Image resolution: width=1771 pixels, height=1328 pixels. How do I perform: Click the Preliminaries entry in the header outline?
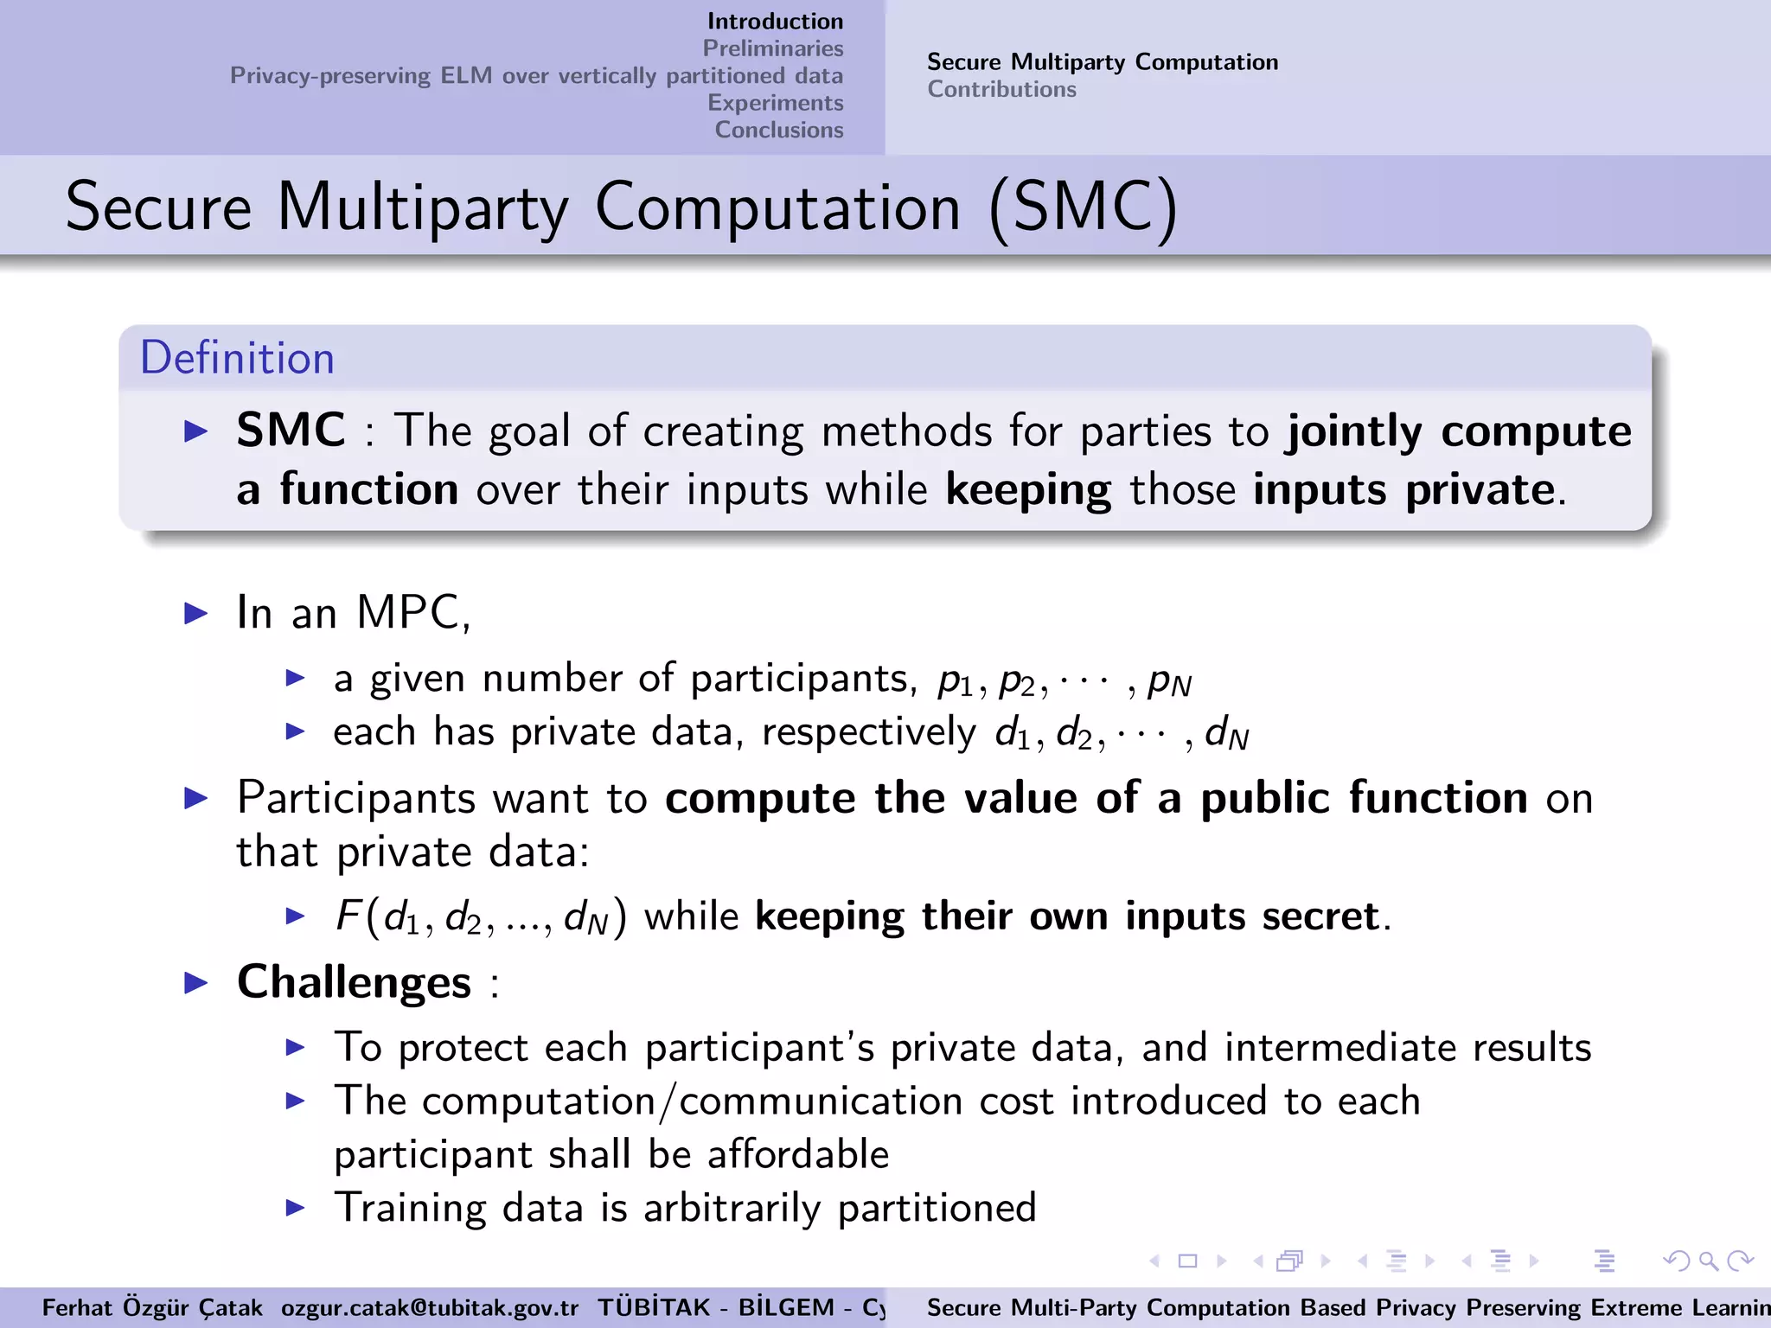[x=772, y=48]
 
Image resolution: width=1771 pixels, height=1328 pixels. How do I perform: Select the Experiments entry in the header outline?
[x=775, y=103]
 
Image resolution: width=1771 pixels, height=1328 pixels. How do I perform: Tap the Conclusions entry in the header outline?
[x=778, y=130]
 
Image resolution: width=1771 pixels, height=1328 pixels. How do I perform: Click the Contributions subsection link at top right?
[x=1001, y=89]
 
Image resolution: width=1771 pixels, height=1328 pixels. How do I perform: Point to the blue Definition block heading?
[x=237, y=358]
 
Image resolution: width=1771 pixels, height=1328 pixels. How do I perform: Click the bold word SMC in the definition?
[x=291, y=430]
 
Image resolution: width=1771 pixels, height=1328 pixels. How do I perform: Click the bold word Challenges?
[x=354, y=982]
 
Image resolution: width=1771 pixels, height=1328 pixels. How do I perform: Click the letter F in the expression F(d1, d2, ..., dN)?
[x=348, y=916]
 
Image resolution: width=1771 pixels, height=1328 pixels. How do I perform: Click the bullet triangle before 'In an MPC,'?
[x=196, y=614]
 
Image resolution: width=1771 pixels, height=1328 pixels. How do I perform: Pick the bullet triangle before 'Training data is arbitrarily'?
[x=296, y=1208]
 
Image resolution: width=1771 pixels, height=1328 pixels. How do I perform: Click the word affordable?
[x=797, y=1154]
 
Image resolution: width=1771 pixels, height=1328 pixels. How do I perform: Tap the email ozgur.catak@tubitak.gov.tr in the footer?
[x=429, y=1307]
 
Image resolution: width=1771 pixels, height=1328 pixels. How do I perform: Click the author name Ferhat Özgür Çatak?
[x=152, y=1307]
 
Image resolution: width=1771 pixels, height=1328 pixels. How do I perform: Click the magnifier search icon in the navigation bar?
[x=1708, y=1261]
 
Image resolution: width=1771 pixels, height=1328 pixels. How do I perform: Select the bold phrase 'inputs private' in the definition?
[x=1404, y=489]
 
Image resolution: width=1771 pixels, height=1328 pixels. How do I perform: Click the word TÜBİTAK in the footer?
[x=654, y=1307]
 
